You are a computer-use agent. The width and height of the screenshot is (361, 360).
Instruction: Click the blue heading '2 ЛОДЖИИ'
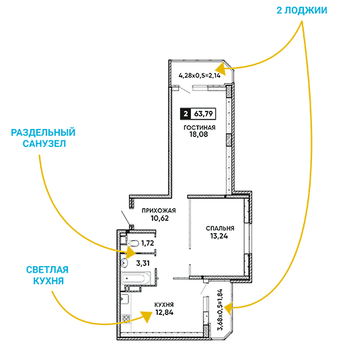[302, 11]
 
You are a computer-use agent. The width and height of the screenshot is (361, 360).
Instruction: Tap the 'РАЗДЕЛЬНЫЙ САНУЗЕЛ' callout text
[43, 138]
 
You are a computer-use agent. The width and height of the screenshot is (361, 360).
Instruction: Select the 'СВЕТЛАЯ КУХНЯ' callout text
[48, 275]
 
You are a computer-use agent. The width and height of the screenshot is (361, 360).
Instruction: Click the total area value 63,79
[203, 114]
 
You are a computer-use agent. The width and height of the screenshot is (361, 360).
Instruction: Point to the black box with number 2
[186, 114]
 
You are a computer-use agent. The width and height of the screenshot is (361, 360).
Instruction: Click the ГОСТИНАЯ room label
[200, 128]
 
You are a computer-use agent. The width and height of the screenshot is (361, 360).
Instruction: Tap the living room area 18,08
[199, 134]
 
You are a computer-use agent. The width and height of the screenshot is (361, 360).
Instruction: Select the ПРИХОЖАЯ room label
[159, 210]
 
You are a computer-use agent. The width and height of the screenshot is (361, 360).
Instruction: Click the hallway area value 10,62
[160, 218]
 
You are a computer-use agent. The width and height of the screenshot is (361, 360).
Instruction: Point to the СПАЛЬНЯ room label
[220, 228]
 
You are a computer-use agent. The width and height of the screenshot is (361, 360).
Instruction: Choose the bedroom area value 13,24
[219, 236]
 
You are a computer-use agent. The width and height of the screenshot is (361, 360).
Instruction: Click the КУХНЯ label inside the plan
[164, 305]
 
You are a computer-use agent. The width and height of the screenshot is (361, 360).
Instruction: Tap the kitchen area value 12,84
[165, 312]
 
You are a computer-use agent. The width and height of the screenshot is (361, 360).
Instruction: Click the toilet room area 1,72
[148, 243]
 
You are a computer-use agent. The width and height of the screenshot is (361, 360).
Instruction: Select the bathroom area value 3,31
[143, 263]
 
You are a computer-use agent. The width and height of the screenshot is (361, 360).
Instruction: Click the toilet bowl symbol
[132, 243]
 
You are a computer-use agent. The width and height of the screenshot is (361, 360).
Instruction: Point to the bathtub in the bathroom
[136, 279]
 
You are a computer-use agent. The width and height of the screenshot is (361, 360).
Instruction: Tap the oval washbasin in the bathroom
[124, 263]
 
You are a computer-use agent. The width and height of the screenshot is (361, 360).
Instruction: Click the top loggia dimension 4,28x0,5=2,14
[200, 75]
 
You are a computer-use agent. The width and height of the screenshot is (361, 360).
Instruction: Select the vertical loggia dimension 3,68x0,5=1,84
[220, 310]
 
